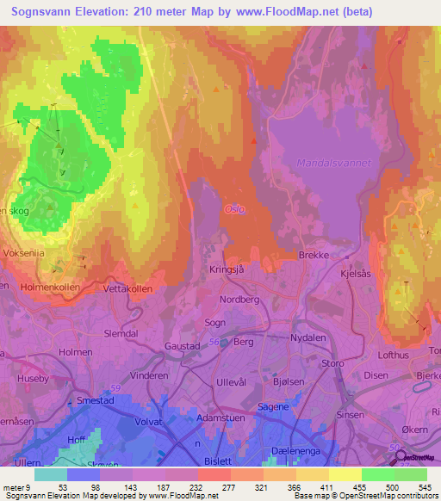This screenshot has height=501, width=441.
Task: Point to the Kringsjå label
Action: coord(227,269)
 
